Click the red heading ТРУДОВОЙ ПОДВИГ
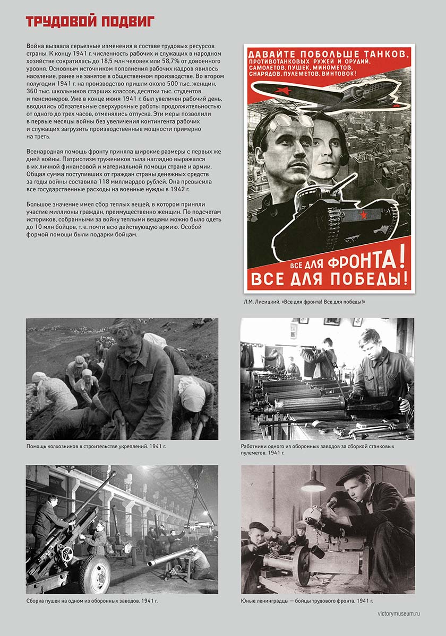click(90, 22)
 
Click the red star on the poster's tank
click(364, 215)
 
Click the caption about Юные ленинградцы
click(307, 601)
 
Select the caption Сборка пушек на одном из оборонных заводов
click(92, 601)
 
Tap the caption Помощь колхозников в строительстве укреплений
click(96, 447)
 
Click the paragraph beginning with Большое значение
click(123, 219)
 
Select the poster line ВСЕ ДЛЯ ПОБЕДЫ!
click(329, 279)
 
